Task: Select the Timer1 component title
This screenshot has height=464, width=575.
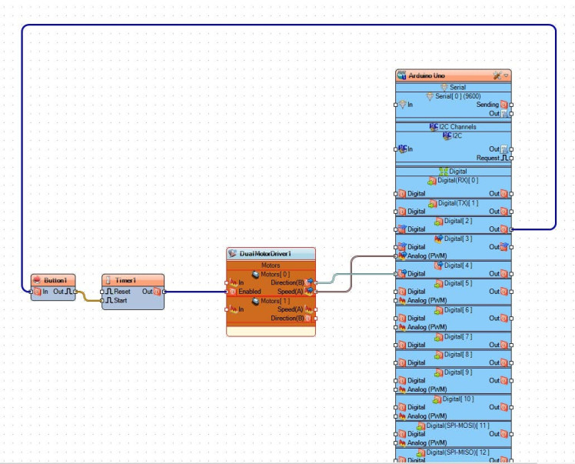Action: click(x=125, y=281)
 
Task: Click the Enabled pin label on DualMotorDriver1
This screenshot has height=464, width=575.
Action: click(x=249, y=292)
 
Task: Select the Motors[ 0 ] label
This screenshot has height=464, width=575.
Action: click(x=275, y=274)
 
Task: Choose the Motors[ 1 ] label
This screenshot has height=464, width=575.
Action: click(x=275, y=301)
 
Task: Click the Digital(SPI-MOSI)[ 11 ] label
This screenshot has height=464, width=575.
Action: click(x=457, y=426)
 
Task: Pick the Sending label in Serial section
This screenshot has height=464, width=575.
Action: click(x=487, y=105)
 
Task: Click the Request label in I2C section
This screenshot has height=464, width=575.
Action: click(x=487, y=158)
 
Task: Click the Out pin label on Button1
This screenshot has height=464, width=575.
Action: click(x=58, y=292)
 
